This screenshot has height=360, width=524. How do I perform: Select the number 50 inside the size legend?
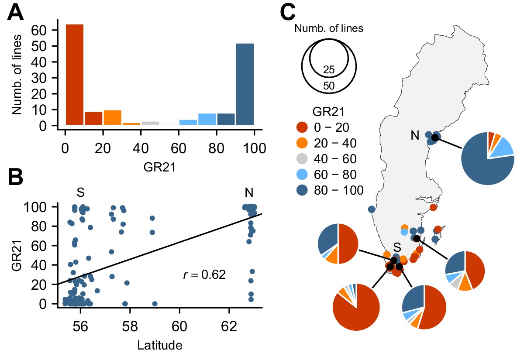(x=329, y=86)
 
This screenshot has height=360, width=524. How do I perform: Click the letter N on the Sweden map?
(x=415, y=136)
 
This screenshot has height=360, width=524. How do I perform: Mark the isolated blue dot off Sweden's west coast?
(x=372, y=209)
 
